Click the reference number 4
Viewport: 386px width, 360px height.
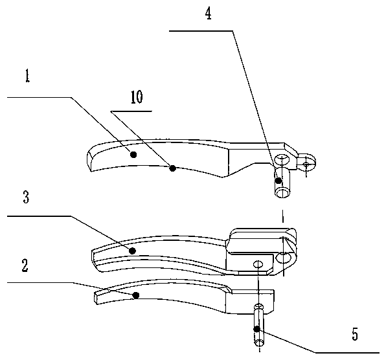209,14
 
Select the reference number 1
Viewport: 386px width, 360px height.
27,75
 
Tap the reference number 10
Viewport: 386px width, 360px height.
137,97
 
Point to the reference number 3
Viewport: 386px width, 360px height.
26,197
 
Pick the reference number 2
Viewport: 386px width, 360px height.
25,265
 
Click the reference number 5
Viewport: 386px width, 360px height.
355,334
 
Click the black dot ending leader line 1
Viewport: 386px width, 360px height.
133,155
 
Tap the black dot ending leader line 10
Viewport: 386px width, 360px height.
173,168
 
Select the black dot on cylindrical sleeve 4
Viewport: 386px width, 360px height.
278,181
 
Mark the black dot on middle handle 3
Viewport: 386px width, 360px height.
133,251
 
